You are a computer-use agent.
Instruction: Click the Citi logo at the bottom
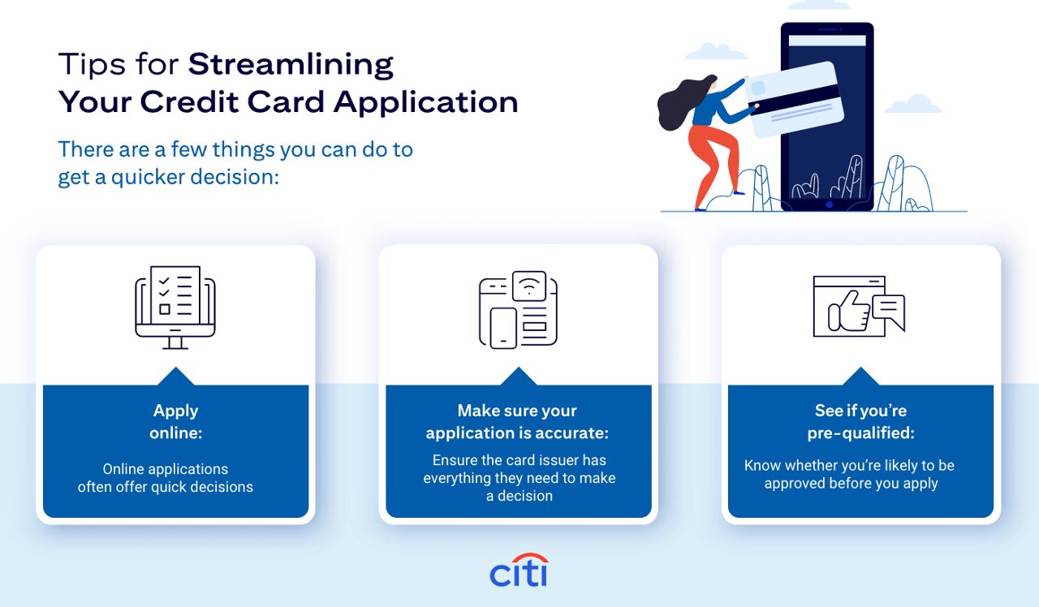tap(519, 572)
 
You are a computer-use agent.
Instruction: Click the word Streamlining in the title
tap(291, 64)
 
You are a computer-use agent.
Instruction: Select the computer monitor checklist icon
tap(175, 307)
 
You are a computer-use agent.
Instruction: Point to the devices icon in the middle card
tap(518, 309)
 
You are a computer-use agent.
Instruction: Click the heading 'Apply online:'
tap(175, 421)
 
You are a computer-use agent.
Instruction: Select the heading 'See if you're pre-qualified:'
tap(860, 421)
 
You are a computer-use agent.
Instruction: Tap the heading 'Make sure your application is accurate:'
tap(518, 421)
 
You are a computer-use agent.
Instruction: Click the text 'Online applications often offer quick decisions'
tap(166, 478)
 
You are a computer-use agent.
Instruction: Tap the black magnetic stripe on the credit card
tap(800, 96)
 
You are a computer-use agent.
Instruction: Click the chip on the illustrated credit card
tap(758, 88)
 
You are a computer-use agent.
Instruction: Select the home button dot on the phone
tap(828, 204)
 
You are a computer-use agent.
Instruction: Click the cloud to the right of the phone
tap(912, 105)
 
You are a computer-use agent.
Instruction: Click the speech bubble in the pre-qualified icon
tap(888, 310)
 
